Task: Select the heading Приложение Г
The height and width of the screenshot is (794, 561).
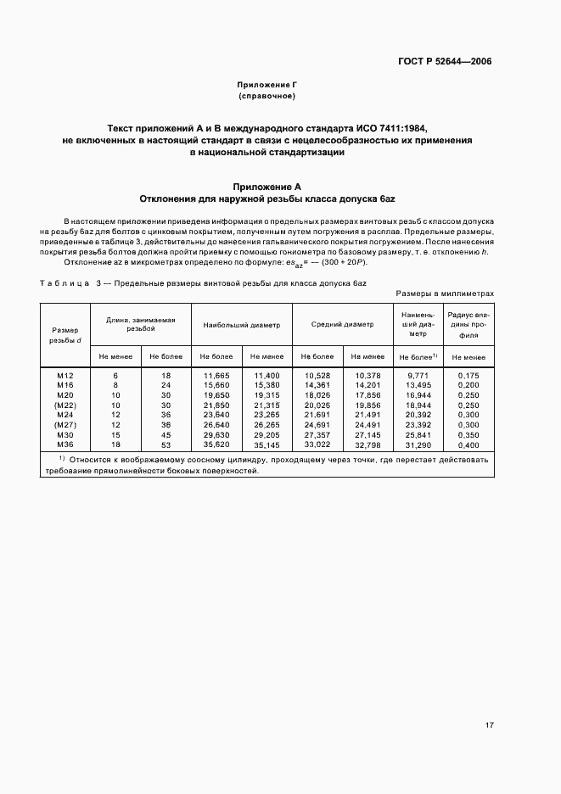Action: pyautogui.click(x=266, y=86)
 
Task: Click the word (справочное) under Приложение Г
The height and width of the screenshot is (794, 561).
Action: pyautogui.click(x=266, y=97)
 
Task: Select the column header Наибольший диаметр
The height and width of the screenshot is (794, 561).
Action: pyautogui.click(x=241, y=324)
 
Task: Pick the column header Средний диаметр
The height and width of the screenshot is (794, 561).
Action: pyautogui.click(x=342, y=324)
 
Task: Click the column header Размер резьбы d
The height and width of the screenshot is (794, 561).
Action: pyautogui.click(x=66, y=335)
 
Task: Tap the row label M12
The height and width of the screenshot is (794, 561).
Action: pyautogui.click(x=66, y=374)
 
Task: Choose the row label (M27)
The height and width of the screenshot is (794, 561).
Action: pyautogui.click(x=66, y=423)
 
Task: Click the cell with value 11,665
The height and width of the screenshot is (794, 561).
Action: pyautogui.click(x=216, y=374)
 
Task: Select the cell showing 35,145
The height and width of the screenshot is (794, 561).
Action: pyautogui.click(x=266, y=444)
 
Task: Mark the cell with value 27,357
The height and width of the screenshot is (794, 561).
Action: pyautogui.click(x=317, y=433)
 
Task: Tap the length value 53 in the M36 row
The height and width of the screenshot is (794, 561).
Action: pyautogui.click(x=166, y=444)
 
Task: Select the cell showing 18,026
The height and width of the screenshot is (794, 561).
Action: pyautogui.click(x=317, y=394)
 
